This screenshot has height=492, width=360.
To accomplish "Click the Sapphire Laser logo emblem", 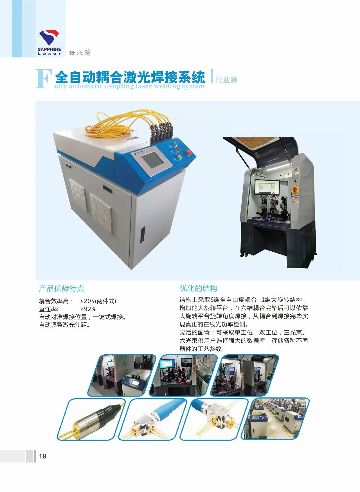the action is (49, 37).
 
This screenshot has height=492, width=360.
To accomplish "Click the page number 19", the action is (42, 456).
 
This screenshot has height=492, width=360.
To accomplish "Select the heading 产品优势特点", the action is (61, 288).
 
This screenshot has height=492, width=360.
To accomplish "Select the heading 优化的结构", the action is (199, 288).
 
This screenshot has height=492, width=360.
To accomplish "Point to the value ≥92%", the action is (88, 309).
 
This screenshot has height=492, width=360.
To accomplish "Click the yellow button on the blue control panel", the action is (179, 157).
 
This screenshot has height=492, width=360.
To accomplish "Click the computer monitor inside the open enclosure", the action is (267, 187).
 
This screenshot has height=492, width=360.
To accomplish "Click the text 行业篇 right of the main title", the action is (226, 80).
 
